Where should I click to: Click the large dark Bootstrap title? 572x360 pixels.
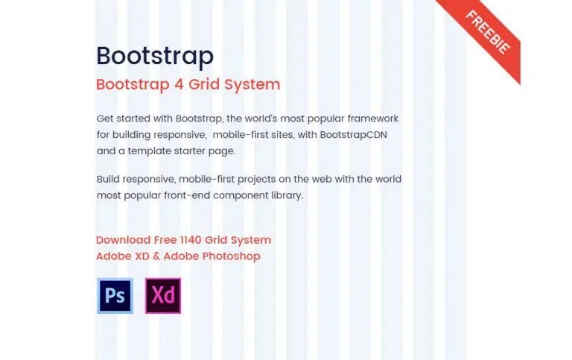click(155, 57)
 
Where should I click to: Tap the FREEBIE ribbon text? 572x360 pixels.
click(488, 33)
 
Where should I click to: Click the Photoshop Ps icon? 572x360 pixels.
click(115, 296)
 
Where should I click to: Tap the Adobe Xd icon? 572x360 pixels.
click(163, 296)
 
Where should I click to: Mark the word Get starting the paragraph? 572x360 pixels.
click(106, 119)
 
